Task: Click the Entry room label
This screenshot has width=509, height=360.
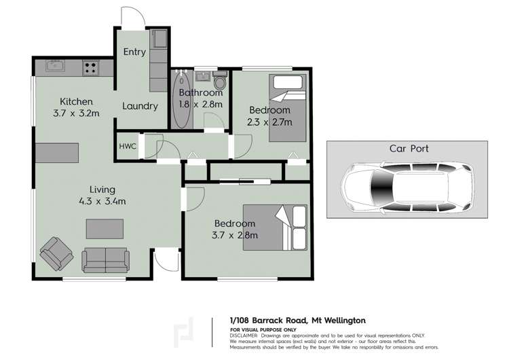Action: point(134,52)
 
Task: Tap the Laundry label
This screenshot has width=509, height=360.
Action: point(140,106)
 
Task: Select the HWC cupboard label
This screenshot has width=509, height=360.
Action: point(128,147)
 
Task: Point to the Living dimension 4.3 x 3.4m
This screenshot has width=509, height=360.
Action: point(103,201)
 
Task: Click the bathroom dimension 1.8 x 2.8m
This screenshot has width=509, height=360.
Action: point(200,105)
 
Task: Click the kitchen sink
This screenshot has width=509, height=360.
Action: point(54,67)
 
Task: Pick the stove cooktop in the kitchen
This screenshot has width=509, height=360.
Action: point(90,67)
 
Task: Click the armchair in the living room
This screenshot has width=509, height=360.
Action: point(56,255)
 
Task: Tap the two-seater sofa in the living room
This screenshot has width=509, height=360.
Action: point(105,260)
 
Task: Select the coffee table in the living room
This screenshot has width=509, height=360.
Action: point(105,229)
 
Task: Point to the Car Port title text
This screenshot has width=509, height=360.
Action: point(409,148)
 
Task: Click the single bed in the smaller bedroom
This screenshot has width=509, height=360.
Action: point(288,108)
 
